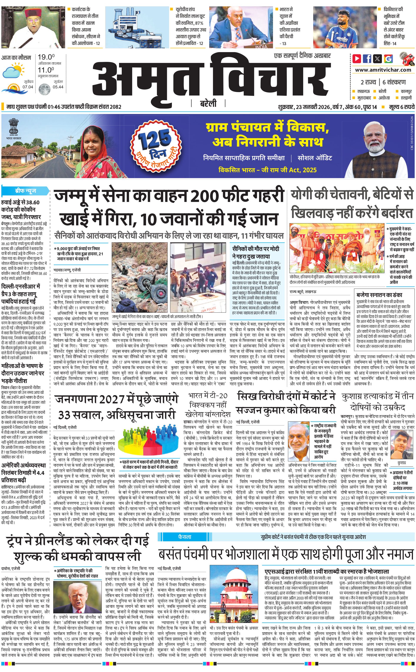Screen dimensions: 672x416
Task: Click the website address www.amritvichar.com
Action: tap(383, 70)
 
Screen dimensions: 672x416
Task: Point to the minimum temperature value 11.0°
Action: tap(46, 70)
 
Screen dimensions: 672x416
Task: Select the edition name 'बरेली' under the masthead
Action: tap(208, 104)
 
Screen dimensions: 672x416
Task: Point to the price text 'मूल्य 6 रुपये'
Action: tap(401, 107)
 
